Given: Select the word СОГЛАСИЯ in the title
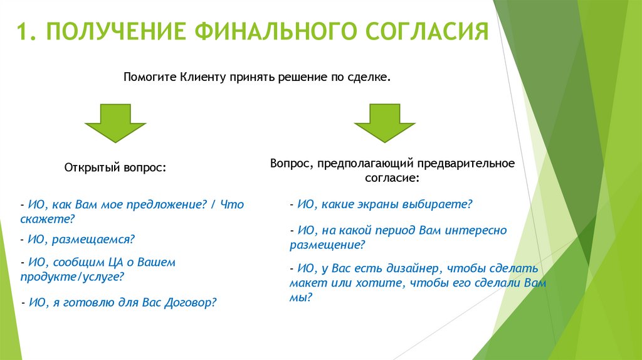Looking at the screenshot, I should pyautogui.click(x=426, y=32).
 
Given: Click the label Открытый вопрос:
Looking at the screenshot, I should pyautogui.click(x=115, y=168).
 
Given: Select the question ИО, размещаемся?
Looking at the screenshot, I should pyautogui.click(x=78, y=239).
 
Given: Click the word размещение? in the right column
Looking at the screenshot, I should pyautogui.click(x=327, y=245).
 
